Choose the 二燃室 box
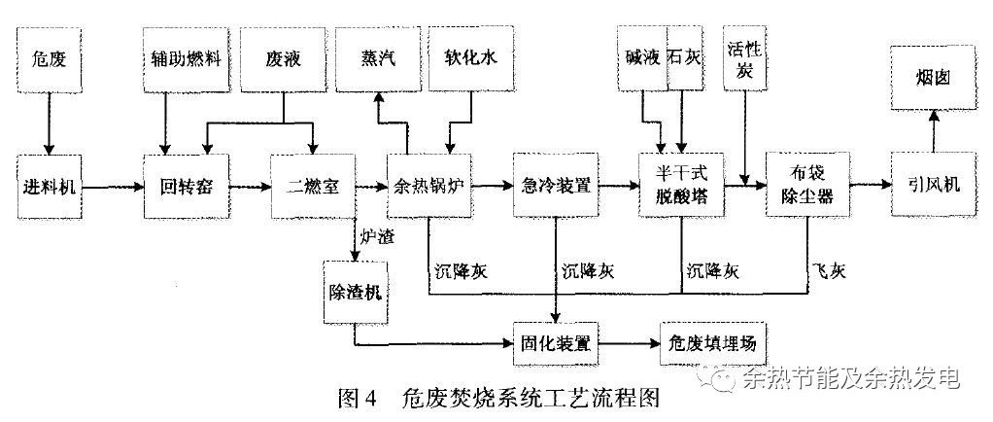[312, 185]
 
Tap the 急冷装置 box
[554, 185]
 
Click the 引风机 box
[933, 185]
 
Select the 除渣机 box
[355, 292]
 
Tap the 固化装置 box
[554, 343]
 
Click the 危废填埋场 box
[714, 343]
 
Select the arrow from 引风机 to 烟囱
[933, 130]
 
